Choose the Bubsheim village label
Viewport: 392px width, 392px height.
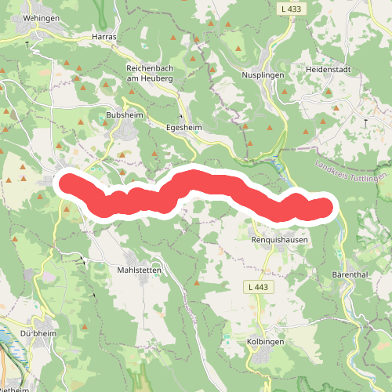(122, 114)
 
